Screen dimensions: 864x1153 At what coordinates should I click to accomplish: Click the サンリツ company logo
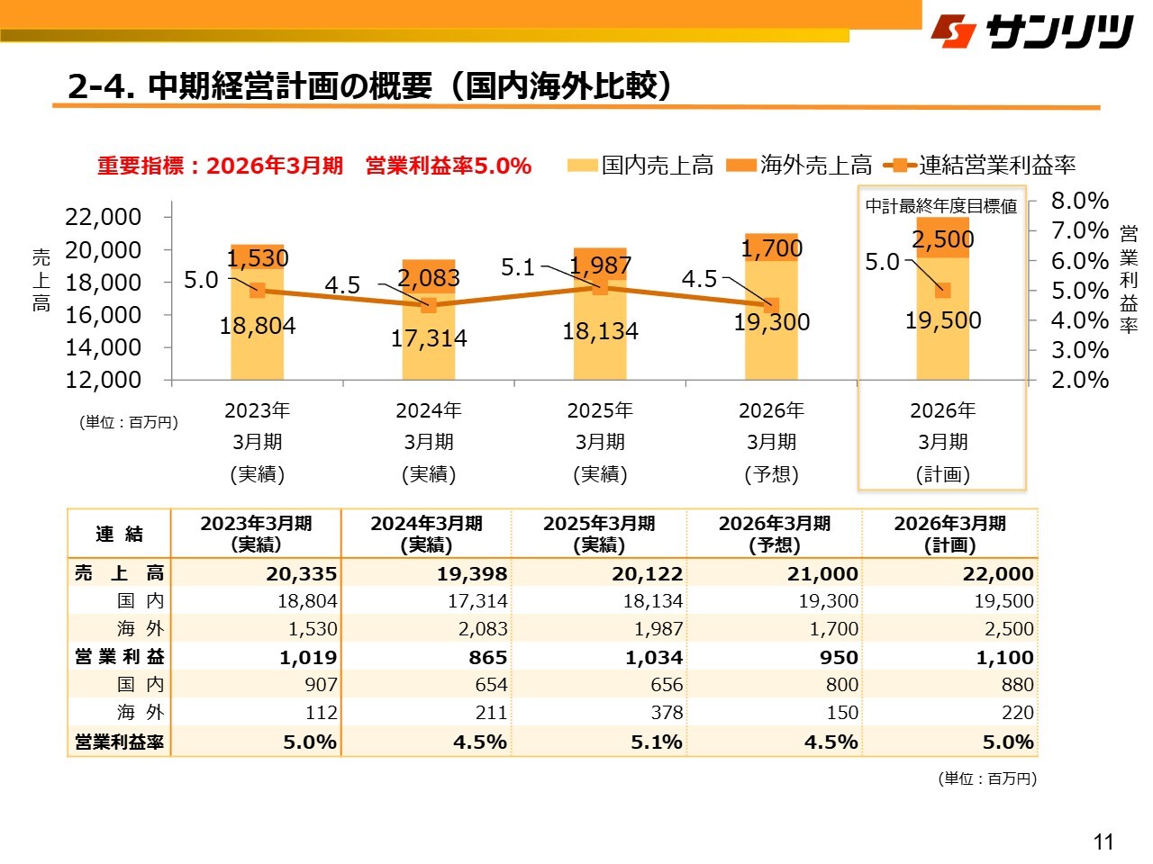pos(1032,32)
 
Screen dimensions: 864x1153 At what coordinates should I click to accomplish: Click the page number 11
pos(1103,842)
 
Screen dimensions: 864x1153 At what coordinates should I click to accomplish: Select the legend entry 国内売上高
pos(640,166)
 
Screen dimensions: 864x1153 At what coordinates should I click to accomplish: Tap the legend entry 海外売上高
pos(799,166)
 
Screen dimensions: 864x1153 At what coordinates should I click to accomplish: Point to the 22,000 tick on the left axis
pos(104,217)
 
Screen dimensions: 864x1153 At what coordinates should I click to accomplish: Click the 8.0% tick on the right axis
pos(1080,201)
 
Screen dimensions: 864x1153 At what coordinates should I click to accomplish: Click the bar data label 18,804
pos(258,326)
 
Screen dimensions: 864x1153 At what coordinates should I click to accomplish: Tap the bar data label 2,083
pos(429,278)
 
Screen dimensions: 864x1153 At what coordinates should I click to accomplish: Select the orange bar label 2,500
pos(943,239)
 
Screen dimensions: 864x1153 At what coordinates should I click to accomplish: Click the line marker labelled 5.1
pos(600,287)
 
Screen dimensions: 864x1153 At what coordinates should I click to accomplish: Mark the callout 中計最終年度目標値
pos(941,206)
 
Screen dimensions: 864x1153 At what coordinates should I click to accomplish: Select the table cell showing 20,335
pos(301,573)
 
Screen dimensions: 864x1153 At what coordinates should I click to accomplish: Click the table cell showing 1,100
pos(1004,657)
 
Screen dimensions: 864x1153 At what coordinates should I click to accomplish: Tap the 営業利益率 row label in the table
pos(119,742)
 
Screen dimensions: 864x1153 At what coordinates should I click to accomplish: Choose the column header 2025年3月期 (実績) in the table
pos(599,534)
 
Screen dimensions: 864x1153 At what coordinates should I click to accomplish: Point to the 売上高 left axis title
pos(41,279)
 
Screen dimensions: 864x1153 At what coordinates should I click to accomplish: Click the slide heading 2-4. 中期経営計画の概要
pos(369,85)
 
